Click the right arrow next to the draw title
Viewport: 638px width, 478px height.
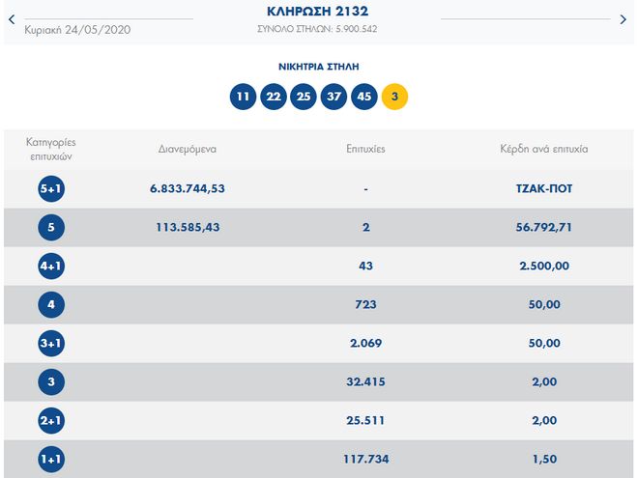point(623,18)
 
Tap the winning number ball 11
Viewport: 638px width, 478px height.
point(243,97)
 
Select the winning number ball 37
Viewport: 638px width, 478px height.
point(334,97)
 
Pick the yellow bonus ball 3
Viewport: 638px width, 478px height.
point(394,97)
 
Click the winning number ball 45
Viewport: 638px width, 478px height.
point(364,97)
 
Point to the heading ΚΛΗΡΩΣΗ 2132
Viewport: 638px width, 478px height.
point(318,12)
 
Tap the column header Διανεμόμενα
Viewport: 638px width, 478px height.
point(188,150)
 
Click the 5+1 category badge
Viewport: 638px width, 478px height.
point(51,189)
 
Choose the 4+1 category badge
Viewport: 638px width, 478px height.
point(51,267)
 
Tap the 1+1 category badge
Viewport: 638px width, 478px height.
point(51,459)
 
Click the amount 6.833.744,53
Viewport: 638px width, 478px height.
point(188,189)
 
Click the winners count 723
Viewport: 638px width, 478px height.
point(364,305)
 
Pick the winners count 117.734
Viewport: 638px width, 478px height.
point(364,459)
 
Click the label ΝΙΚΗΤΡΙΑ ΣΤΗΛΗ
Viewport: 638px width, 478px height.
point(318,68)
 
